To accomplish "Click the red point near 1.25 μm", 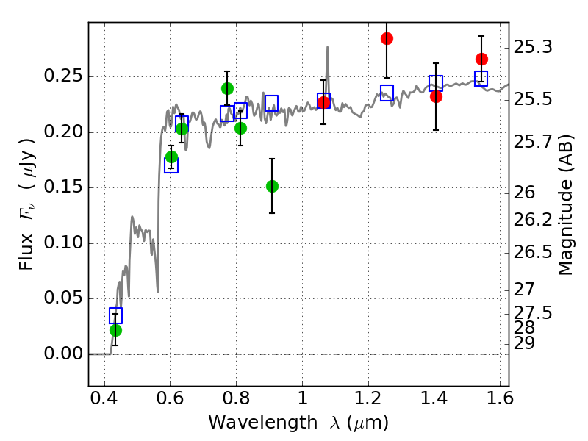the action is [387, 39].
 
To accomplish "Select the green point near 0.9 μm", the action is [272, 186].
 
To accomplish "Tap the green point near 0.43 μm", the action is [115, 330].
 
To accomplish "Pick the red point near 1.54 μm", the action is [481, 59].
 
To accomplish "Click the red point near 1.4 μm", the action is [436, 97].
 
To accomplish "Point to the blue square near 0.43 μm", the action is [115, 316].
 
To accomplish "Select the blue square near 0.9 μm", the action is [271, 103].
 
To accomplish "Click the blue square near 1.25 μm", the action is [387, 93].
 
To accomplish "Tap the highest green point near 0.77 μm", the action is [227, 88].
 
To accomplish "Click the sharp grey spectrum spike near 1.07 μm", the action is [327, 47].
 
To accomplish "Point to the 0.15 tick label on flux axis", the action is [63, 187].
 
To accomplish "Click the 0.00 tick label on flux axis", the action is [63, 354].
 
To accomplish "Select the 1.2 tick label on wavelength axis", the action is [369, 398].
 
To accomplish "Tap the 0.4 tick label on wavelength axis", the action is [104, 398].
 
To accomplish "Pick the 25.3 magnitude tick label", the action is [532, 48].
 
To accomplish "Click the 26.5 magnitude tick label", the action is [532, 252].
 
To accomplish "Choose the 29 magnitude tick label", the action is [524, 343].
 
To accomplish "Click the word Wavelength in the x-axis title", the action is [263, 423].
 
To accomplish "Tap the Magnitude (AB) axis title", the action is [565, 205].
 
